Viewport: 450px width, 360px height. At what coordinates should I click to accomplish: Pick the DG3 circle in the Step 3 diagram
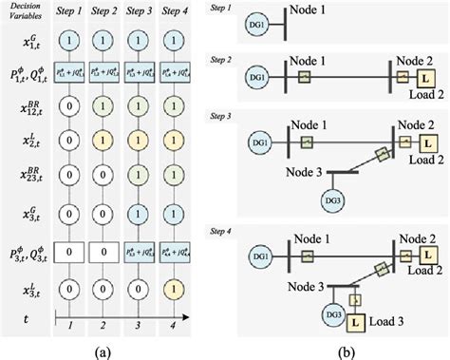point(326,202)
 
